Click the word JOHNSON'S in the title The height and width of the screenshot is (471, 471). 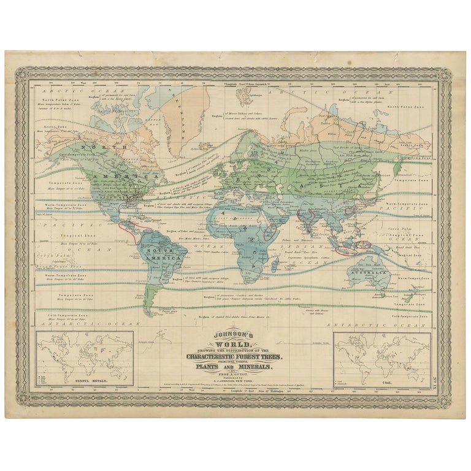pyautogui.click(x=234, y=335)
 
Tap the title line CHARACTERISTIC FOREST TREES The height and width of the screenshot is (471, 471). pyautogui.click(x=234, y=356)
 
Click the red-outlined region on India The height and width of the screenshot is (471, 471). pyautogui.click(x=307, y=216)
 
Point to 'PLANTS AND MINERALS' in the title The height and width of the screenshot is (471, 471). pyautogui.click(x=234, y=367)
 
